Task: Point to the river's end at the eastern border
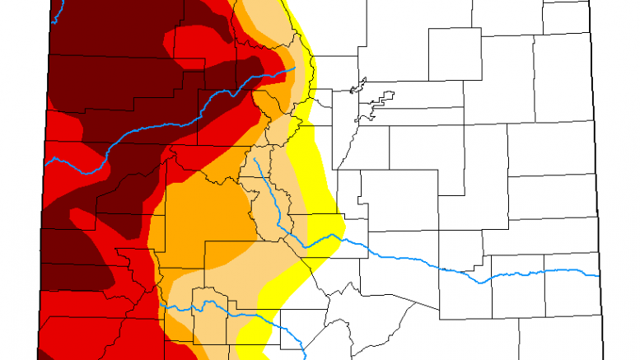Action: [598, 275]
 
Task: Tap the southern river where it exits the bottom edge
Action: [304, 356]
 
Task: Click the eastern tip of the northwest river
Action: [294, 69]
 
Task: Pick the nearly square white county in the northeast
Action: [454, 54]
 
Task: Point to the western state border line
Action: [40, 247]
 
